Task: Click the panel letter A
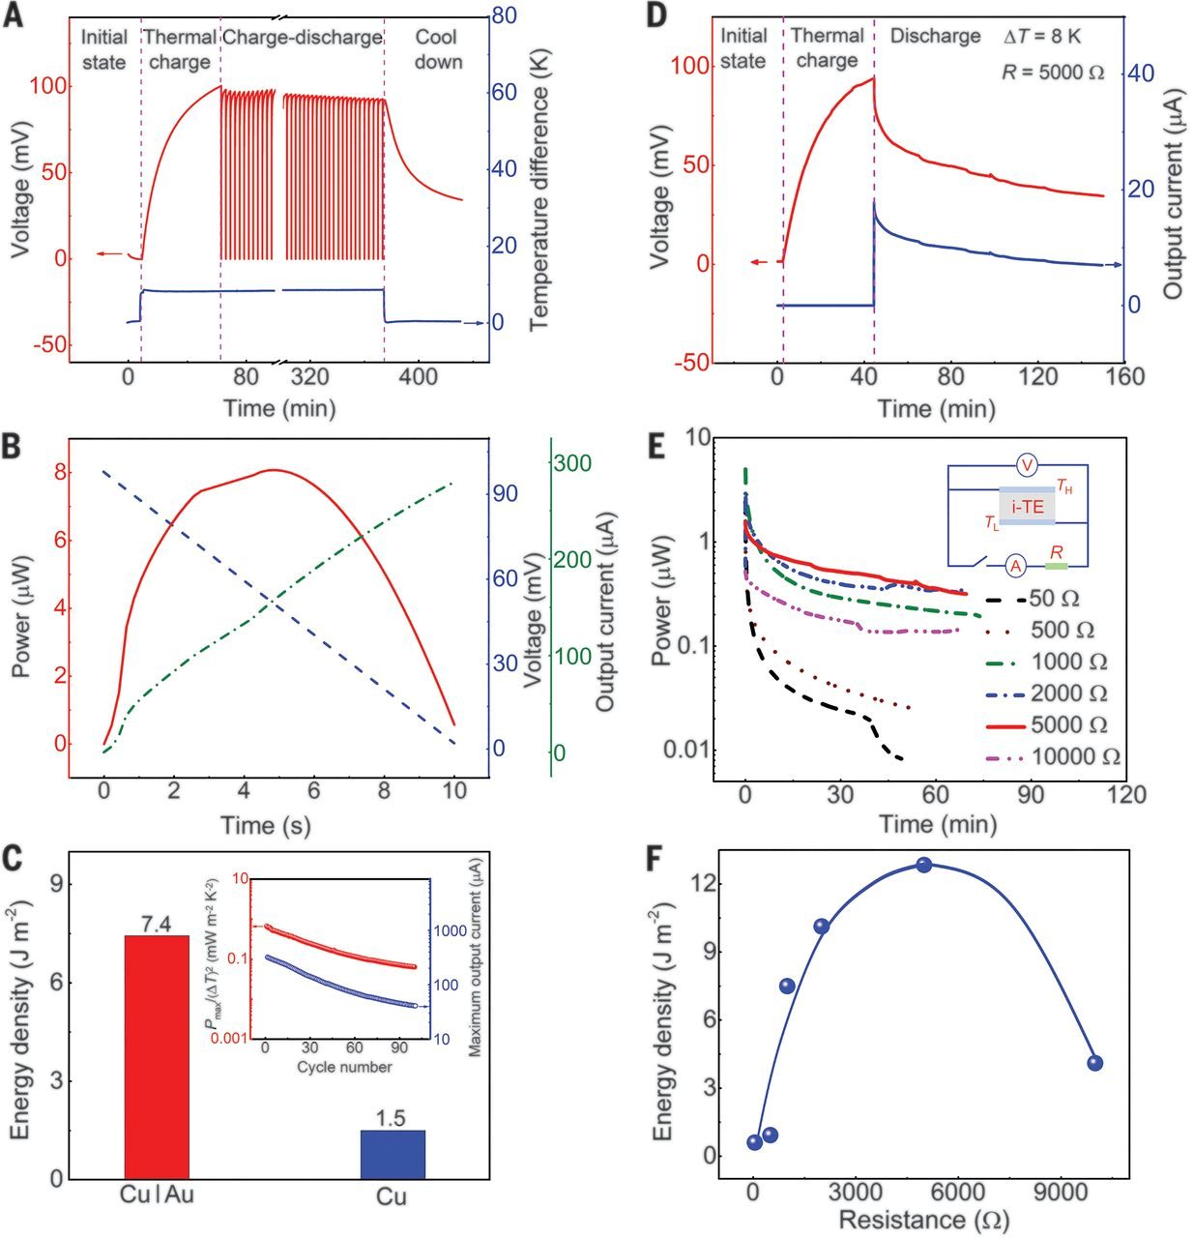click(x=14, y=16)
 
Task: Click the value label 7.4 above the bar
click(x=156, y=925)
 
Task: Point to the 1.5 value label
click(x=391, y=1119)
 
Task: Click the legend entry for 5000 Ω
click(x=1068, y=725)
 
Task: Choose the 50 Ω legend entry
click(x=1055, y=599)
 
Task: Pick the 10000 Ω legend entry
click(x=1075, y=756)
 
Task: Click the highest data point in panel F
click(x=924, y=865)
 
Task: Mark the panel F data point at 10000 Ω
click(x=1094, y=1063)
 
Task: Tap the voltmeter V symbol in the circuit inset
click(x=1028, y=466)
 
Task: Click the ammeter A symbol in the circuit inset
click(x=1015, y=565)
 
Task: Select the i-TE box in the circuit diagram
click(x=1027, y=506)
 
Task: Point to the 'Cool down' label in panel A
click(x=438, y=49)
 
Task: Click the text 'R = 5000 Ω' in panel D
click(x=1053, y=73)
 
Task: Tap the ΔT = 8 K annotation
click(x=1042, y=37)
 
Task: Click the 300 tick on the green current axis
click(x=571, y=463)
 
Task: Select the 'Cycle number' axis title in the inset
click(x=344, y=1067)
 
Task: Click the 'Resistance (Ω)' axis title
click(x=923, y=1220)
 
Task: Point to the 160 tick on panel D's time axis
click(x=1124, y=377)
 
